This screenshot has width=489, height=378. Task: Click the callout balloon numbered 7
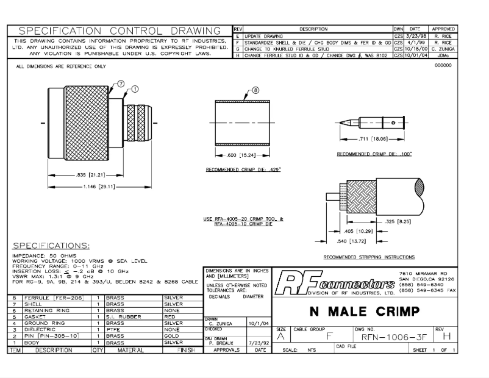(120, 84)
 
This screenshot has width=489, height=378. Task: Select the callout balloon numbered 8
(255, 90)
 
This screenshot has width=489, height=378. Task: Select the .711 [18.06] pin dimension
(374, 140)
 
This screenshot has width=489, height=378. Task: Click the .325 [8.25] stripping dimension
(391, 222)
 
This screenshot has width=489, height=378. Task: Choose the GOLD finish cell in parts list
(173, 335)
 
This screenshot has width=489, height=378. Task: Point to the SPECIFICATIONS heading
(52, 244)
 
